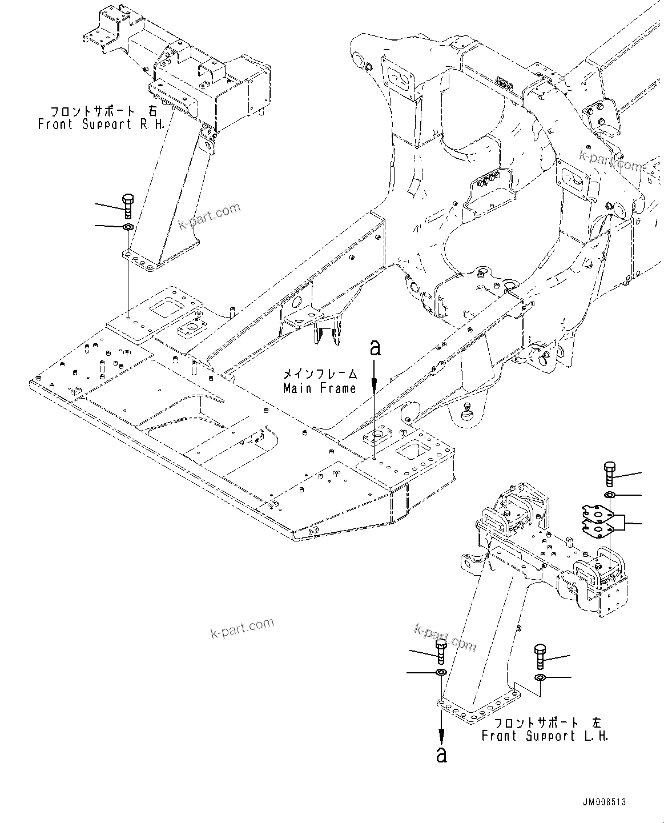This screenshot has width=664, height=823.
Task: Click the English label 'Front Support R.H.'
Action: coord(101,124)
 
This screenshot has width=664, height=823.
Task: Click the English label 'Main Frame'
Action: coord(319,388)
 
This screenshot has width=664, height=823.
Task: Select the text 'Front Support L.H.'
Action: coord(545,736)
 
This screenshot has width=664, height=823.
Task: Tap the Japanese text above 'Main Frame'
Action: coord(320,375)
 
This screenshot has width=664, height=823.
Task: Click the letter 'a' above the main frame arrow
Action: coord(375,347)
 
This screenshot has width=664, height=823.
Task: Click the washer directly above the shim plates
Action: coord(609,494)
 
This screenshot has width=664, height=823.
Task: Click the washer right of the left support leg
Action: coord(540,677)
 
